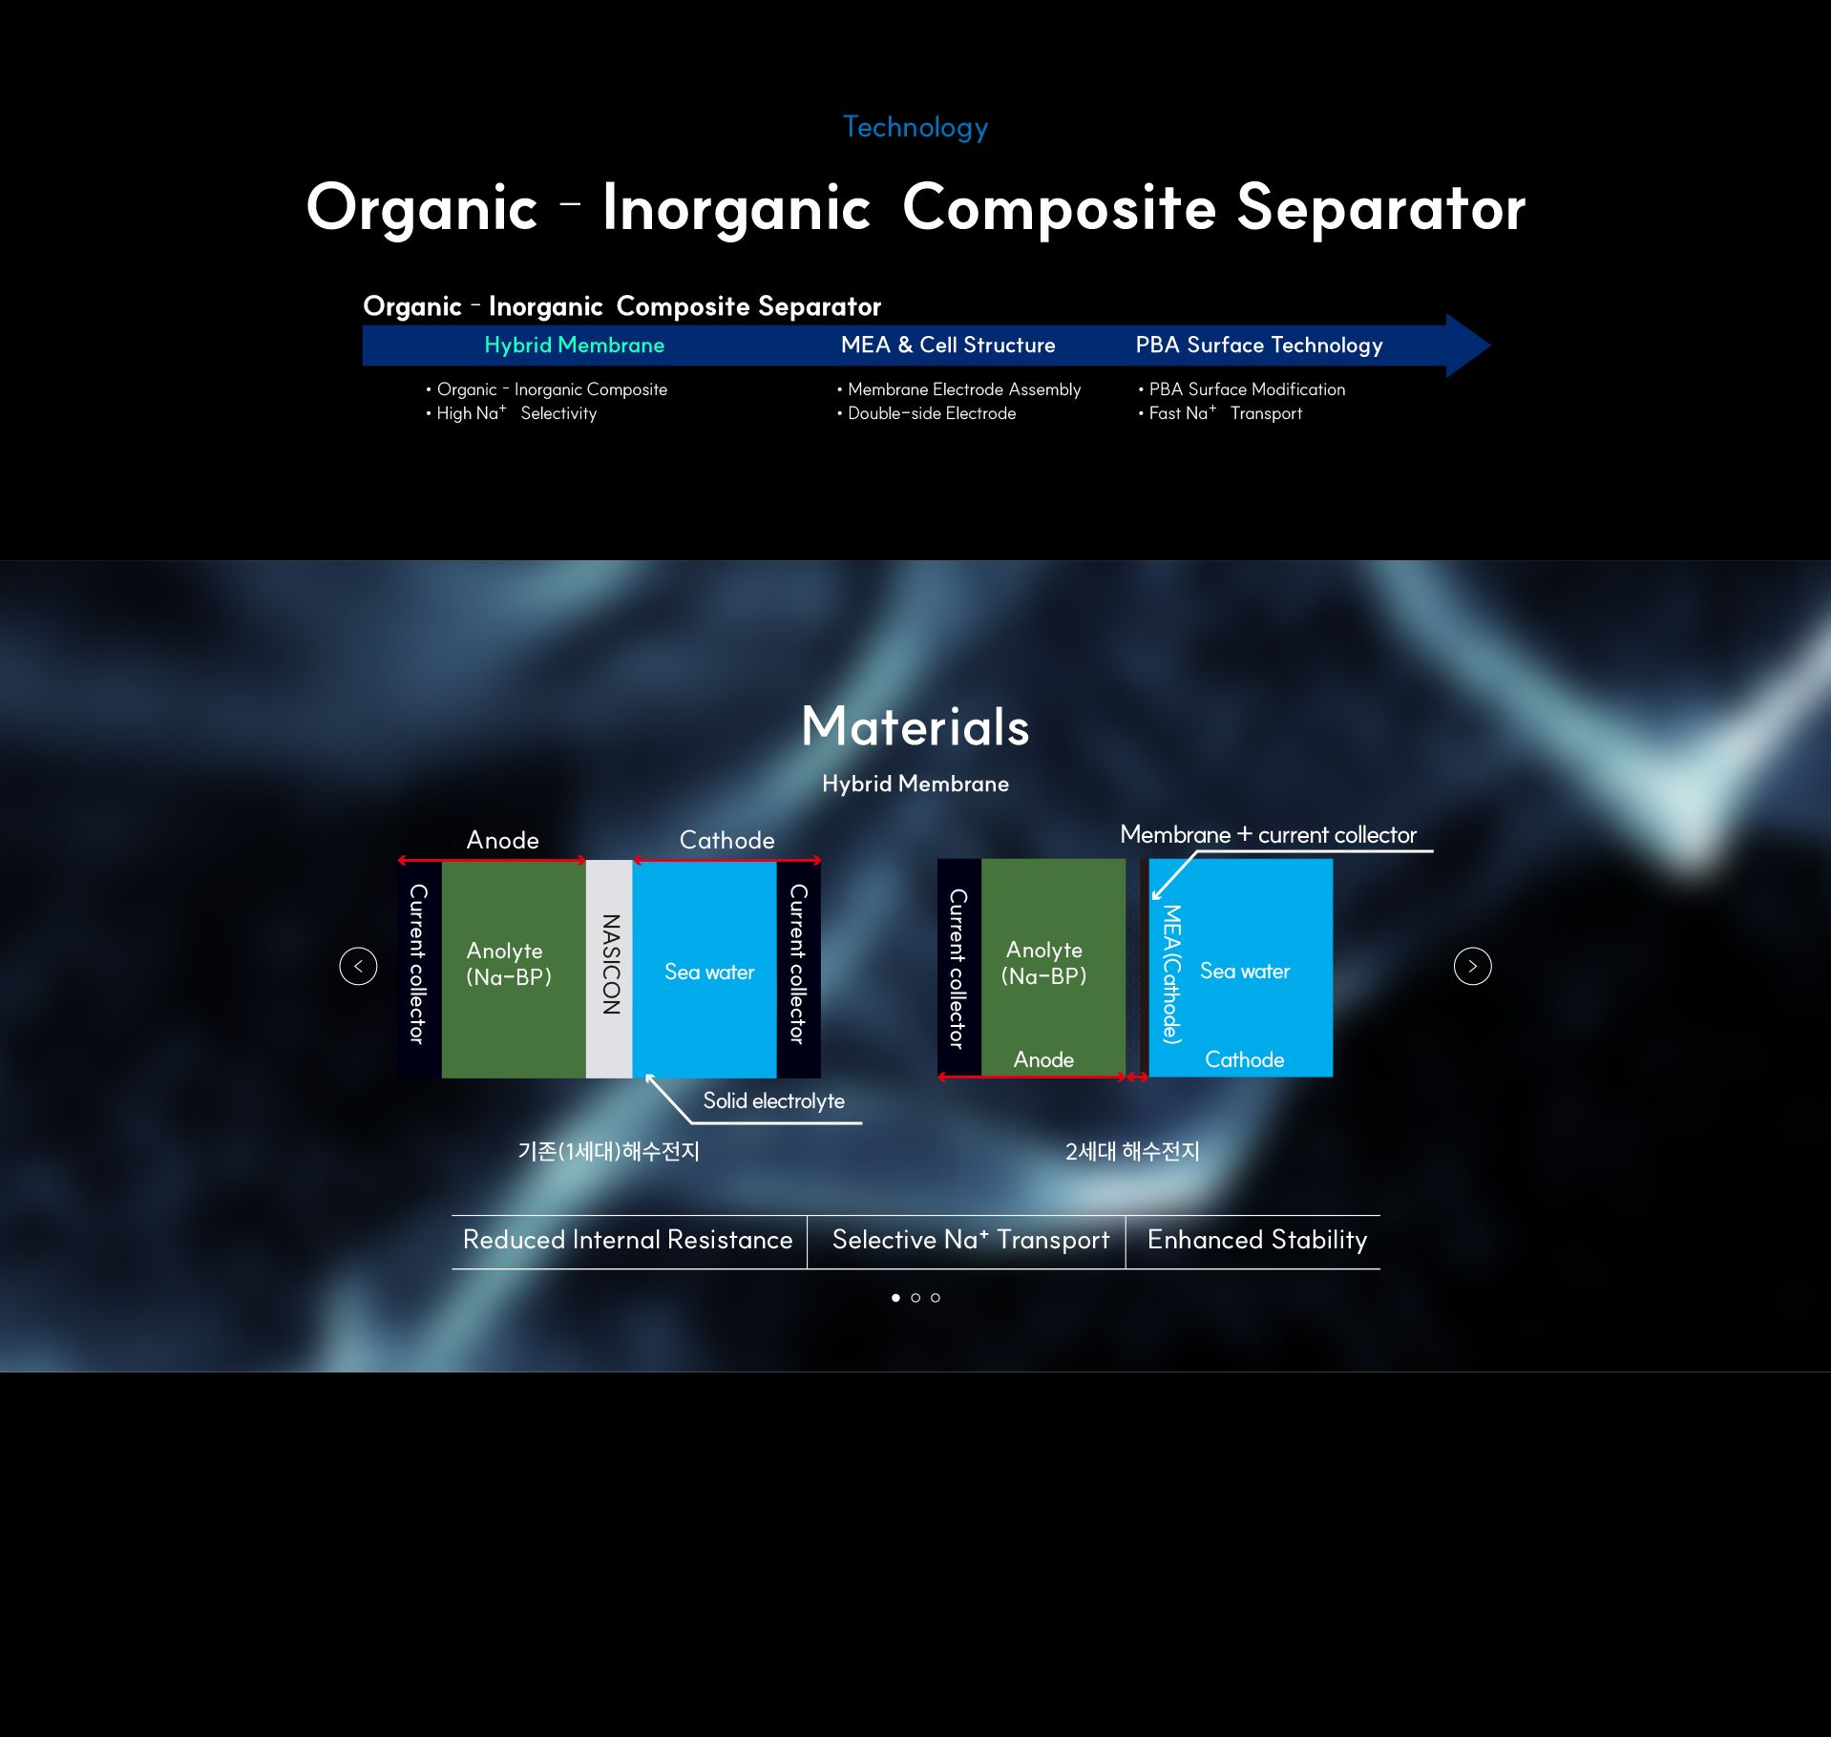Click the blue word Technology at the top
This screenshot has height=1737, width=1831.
[x=915, y=127]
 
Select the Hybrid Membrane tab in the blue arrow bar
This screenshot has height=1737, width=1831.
[x=574, y=345]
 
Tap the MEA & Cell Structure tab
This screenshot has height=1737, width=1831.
[x=948, y=345]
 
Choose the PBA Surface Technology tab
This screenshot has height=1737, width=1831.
[x=1258, y=345]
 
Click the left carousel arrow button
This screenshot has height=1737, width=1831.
[x=358, y=966]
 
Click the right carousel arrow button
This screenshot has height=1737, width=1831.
[x=1472, y=966]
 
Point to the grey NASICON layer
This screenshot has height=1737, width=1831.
[x=609, y=969]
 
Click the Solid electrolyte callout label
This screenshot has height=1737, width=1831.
[x=773, y=1100]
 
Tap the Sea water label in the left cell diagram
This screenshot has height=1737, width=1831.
[x=709, y=972]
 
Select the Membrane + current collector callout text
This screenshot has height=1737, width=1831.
[x=1268, y=834]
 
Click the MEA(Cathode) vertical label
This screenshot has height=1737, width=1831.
[x=1172, y=973]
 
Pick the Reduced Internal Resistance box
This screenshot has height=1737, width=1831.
[x=628, y=1241]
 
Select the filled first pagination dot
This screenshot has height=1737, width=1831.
[x=895, y=1298]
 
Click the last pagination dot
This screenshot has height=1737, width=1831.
[x=936, y=1298]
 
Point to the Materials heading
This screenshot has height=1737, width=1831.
[x=915, y=726]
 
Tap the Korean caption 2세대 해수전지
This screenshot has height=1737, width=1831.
[x=1132, y=1151]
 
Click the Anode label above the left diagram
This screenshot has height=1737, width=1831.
[x=502, y=840]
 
